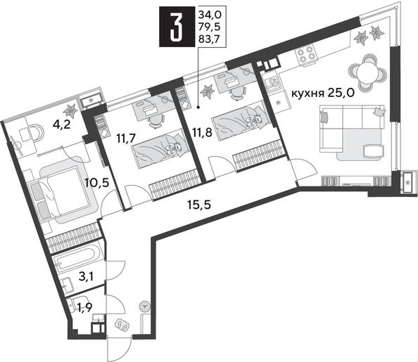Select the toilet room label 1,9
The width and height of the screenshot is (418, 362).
click(x=83, y=307)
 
